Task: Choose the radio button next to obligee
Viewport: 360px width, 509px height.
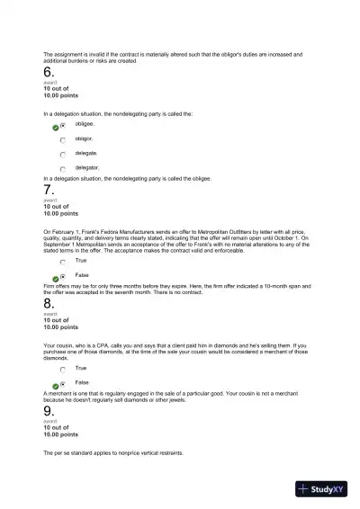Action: pyautogui.click(x=63, y=126)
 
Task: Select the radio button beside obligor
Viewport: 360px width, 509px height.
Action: pyautogui.click(x=63, y=140)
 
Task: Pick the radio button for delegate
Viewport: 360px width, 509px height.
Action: pyautogui.click(x=63, y=154)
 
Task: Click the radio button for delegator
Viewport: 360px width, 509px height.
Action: pyautogui.click(x=63, y=168)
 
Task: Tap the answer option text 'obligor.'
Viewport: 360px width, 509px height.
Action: pyautogui.click(x=84, y=139)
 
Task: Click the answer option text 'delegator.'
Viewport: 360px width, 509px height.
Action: pyautogui.click(x=87, y=167)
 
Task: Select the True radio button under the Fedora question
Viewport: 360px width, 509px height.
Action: pyautogui.click(x=63, y=261)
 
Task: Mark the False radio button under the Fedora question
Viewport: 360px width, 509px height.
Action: pyautogui.click(x=63, y=276)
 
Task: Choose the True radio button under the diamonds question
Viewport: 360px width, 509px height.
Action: pyautogui.click(x=63, y=369)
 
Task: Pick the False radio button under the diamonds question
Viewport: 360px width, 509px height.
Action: pyautogui.click(x=63, y=383)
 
